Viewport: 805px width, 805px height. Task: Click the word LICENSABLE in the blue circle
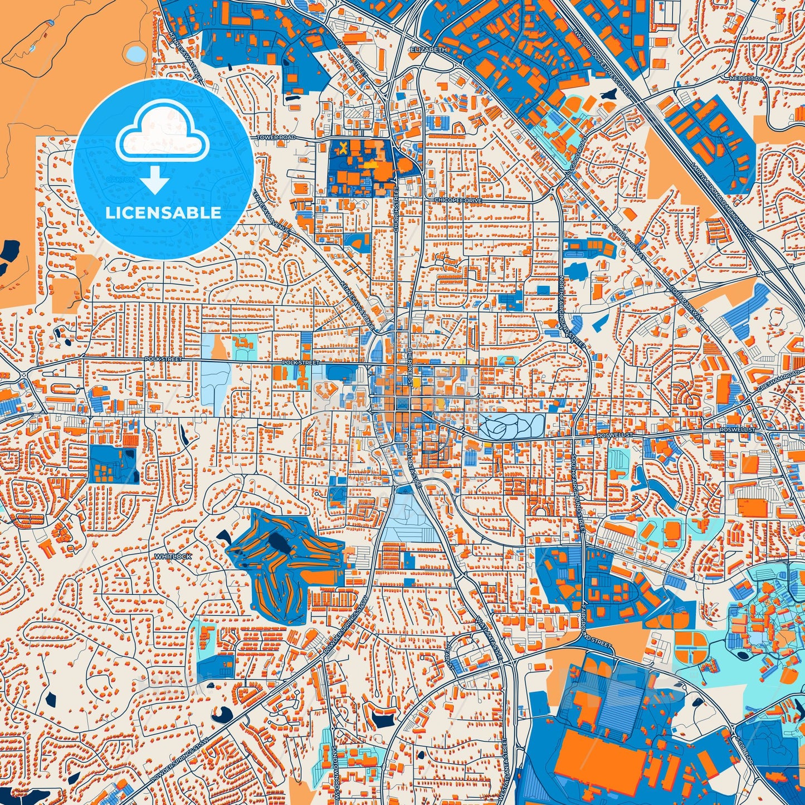163,213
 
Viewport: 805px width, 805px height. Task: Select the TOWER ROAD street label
276,138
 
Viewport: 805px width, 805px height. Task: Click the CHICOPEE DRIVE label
458,199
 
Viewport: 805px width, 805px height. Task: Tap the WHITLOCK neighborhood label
173,557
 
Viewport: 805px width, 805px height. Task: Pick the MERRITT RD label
745,80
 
